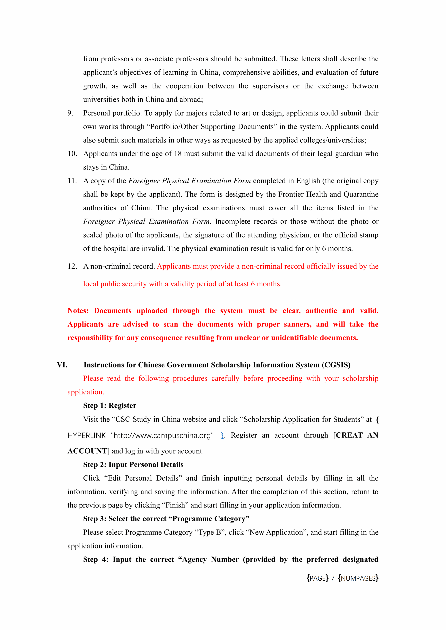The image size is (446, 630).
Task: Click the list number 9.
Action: point(70,113)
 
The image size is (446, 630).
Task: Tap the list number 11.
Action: point(72,181)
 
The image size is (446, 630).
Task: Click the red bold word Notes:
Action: point(78,311)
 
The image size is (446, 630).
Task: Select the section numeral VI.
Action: point(62,365)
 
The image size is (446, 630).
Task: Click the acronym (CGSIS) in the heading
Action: point(336,365)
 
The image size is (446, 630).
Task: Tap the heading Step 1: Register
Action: point(110,405)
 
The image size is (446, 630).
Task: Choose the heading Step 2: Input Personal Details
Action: point(133,464)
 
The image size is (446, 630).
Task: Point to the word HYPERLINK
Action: point(86,436)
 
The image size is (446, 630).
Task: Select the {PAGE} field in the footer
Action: point(317,578)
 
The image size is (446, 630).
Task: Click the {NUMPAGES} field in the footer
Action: point(358,578)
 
